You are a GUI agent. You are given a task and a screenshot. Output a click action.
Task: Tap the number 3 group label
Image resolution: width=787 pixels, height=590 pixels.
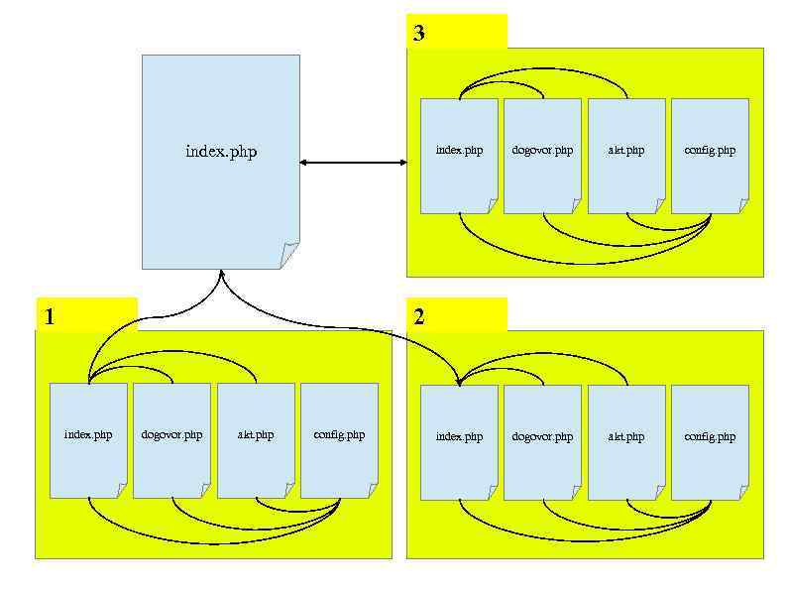click(419, 33)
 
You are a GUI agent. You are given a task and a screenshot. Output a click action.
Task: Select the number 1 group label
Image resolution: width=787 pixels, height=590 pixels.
click(50, 316)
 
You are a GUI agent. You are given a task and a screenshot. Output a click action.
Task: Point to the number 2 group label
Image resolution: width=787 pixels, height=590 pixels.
click(419, 316)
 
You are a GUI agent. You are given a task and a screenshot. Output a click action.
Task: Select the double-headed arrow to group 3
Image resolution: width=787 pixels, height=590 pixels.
click(353, 162)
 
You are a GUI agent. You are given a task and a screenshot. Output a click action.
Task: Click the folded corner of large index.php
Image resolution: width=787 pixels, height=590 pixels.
click(289, 256)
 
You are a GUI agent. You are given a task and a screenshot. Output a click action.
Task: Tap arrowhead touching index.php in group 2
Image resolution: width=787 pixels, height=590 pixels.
click(458, 381)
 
